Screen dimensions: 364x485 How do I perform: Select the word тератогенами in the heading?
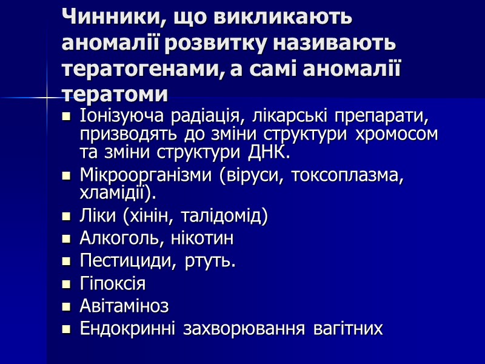pos(140,69)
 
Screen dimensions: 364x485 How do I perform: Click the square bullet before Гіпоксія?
pos(67,284)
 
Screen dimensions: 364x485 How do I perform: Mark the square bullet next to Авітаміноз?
pos(67,306)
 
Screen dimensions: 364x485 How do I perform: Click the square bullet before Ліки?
pos(67,216)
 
